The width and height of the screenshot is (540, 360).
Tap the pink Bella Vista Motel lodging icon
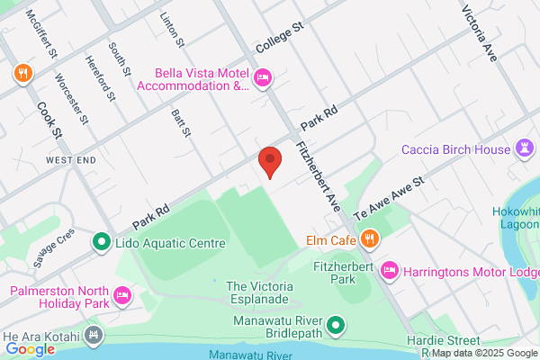point(263,78)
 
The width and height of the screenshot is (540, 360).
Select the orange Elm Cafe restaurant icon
point(370,239)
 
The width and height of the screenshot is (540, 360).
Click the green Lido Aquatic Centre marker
point(101,242)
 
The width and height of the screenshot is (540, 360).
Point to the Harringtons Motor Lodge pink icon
point(390,269)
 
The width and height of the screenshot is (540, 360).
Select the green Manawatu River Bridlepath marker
point(336,324)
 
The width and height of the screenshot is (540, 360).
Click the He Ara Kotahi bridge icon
point(92,336)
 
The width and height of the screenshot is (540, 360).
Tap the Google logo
point(31,348)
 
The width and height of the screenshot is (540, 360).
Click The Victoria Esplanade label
point(256,292)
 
